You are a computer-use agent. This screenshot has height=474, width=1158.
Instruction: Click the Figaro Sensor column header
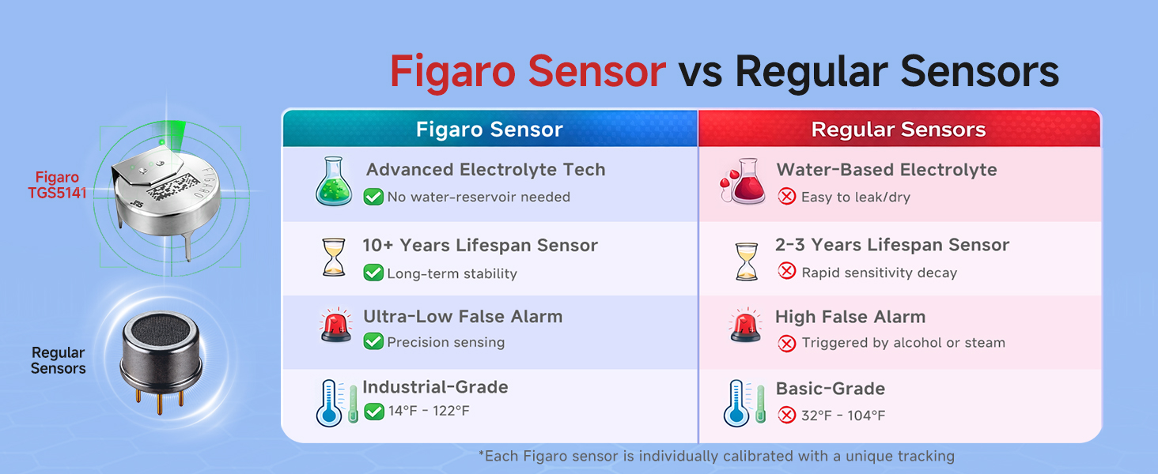coord(490,130)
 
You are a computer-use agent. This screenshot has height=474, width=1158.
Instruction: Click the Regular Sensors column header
coord(899,130)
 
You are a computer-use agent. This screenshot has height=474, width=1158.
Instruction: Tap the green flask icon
coord(335,182)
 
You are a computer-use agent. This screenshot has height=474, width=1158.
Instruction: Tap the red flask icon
coord(744,182)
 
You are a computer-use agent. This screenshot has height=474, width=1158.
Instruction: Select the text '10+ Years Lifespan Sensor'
coord(480,246)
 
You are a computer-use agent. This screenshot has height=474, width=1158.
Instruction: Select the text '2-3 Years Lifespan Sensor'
coord(892,245)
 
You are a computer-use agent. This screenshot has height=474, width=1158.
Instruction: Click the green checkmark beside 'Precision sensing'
coord(373,342)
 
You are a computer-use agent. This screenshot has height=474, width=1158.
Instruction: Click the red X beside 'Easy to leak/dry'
coord(787,197)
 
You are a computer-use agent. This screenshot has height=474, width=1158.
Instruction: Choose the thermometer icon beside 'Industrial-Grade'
coord(330,403)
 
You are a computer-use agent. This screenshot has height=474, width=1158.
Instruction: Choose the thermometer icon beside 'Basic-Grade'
coord(737,404)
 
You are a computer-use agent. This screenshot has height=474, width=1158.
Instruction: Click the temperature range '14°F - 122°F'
coord(429,412)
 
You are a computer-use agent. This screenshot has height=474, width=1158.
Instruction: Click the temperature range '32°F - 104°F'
coord(843,416)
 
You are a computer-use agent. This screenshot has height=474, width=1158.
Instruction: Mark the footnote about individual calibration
coord(716,456)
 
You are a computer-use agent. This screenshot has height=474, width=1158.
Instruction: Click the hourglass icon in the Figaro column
coord(335,257)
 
